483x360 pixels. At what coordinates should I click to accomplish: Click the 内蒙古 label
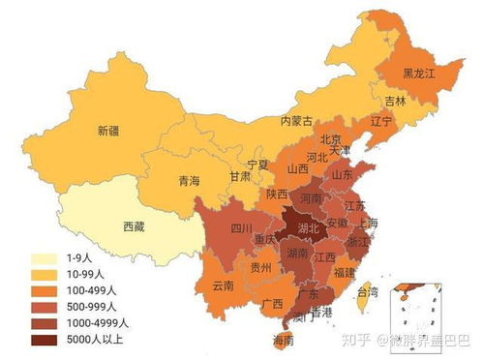point(298,122)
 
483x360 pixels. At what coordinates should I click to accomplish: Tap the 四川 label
point(227,230)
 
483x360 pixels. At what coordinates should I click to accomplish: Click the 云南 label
point(222,286)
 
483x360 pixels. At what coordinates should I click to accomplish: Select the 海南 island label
point(284,340)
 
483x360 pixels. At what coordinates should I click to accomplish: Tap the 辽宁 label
point(381,123)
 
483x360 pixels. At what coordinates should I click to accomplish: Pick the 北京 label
point(332,137)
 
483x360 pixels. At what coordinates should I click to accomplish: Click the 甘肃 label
point(240,177)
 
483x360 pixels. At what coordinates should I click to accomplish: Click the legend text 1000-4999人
point(94,323)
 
